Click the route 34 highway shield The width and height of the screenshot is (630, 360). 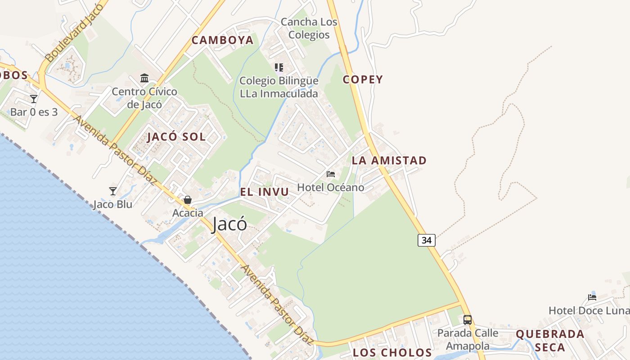pyautogui.click(x=427, y=240)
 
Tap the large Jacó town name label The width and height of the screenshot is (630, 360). pyautogui.click(x=229, y=224)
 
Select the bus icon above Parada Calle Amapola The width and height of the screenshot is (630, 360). pyautogui.click(x=468, y=320)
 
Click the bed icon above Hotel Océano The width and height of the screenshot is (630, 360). pyautogui.click(x=331, y=174)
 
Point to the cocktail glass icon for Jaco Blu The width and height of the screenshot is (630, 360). pyautogui.click(x=113, y=191)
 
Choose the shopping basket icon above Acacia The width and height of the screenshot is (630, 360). pyautogui.click(x=187, y=200)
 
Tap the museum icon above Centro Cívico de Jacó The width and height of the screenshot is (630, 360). pyautogui.click(x=144, y=78)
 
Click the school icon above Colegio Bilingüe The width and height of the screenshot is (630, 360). pyautogui.click(x=279, y=67)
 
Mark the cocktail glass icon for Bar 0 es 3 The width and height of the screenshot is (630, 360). pyautogui.click(x=34, y=99)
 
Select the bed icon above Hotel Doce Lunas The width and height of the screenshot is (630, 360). pyautogui.click(x=592, y=297)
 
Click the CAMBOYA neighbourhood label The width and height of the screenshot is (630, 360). pyautogui.click(x=223, y=40)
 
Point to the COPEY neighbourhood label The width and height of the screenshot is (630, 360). pyautogui.click(x=363, y=80)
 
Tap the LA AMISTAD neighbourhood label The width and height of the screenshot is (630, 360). pyautogui.click(x=389, y=160)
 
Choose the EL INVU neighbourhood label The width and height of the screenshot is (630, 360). pyautogui.click(x=264, y=192)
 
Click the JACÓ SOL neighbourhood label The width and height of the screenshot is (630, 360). pyautogui.click(x=176, y=137)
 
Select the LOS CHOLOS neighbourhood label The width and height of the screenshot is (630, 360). pyautogui.click(x=392, y=352)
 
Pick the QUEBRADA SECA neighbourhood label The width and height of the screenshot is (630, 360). pyautogui.click(x=550, y=341)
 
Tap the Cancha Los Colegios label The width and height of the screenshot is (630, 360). pyautogui.click(x=309, y=28)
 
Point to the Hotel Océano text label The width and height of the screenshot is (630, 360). pyautogui.click(x=331, y=187)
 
